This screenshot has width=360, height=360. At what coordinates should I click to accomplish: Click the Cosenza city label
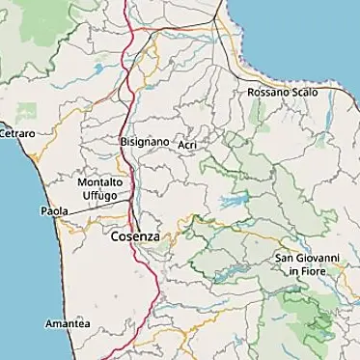pyautogui.click(x=134, y=235)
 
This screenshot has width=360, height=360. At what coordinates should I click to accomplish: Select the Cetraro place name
pyautogui.click(x=16, y=132)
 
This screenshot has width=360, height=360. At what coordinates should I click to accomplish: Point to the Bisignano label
pyautogui.click(x=145, y=142)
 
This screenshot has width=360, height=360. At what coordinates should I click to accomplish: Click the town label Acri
pyautogui.click(x=188, y=145)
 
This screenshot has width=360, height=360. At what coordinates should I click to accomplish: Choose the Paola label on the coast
pyautogui.click(x=54, y=210)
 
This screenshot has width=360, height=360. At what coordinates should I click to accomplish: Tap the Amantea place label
pyautogui.click(x=68, y=323)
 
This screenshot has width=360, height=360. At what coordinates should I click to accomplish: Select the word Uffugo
pyautogui.click(x=99, y=195)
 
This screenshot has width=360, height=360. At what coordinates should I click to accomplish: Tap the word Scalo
pyautogui.click(x=299, y=92)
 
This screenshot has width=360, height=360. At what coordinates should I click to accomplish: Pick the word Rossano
pyautogui.click(x=265, y=92)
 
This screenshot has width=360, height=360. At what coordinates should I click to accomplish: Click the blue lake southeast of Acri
pyautogui.click(x=234, y=203)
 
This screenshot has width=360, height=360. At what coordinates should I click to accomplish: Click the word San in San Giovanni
pyautogui.click(x=285, y=259)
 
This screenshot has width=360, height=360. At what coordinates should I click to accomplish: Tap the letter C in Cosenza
pyautogui.click(x=115, y=235)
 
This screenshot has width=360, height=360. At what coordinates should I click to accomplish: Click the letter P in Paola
pyautogui.click(x=44, y=210)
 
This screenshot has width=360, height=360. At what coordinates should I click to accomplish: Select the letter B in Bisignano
pyautogui.click(x=124, y=142)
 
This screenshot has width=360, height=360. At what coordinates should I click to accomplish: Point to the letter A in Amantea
pyautogui.click(x=49, y=323)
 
